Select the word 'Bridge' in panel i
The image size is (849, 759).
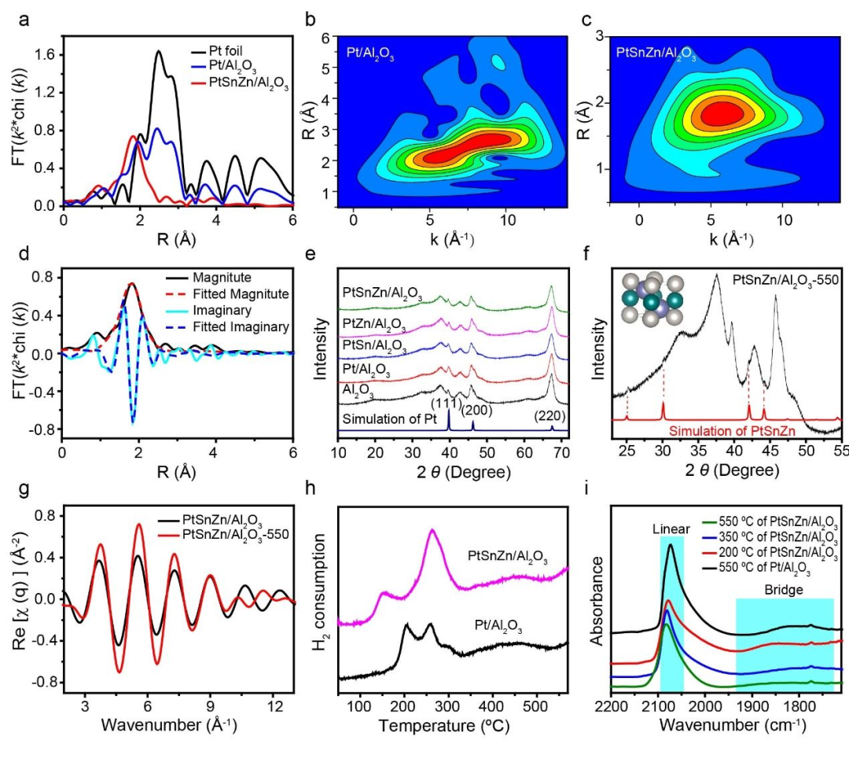(783, 588)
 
